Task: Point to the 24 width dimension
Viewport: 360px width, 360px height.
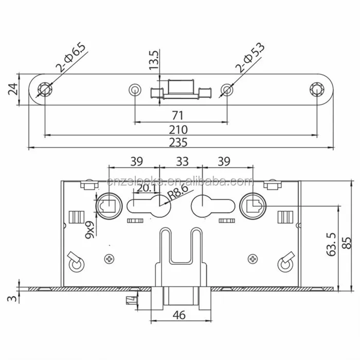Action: coord(12,90)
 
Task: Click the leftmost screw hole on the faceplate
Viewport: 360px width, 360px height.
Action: coord(45,89)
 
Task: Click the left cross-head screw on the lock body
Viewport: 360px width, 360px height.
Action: coord(109,258)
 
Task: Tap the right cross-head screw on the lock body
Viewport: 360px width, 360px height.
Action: coord(252,258)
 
